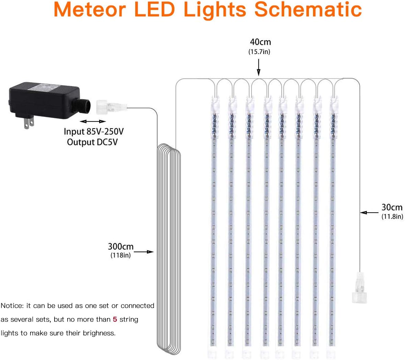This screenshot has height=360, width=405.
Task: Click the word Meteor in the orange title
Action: point(90,10)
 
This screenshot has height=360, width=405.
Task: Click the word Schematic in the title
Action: point(308,10)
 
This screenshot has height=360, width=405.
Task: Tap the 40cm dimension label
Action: point(260,42)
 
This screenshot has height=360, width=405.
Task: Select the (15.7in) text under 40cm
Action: point(259,52)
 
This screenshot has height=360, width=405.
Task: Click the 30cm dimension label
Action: point(392,207)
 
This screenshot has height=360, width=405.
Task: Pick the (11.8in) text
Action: point(392,217)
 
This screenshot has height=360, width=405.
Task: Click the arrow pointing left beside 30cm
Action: point(369,213)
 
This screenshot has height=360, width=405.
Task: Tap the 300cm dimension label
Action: point(120,247)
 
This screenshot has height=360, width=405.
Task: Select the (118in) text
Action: point(120,255)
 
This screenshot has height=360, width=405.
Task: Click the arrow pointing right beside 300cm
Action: point(146,252)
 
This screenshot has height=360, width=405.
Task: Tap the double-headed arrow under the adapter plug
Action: point(93,121)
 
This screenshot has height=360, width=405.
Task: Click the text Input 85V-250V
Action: point(93,132)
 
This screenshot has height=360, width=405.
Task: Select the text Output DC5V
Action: point(92,142)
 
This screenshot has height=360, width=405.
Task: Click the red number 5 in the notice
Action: point(115,320)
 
